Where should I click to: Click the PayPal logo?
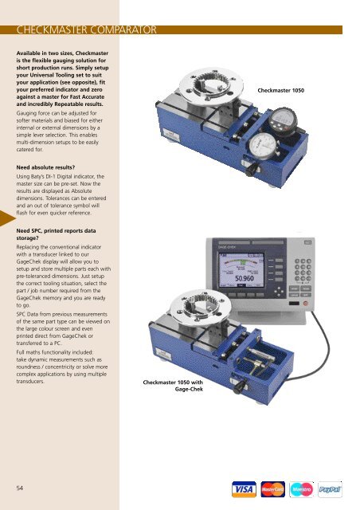(x=330, y=489)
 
